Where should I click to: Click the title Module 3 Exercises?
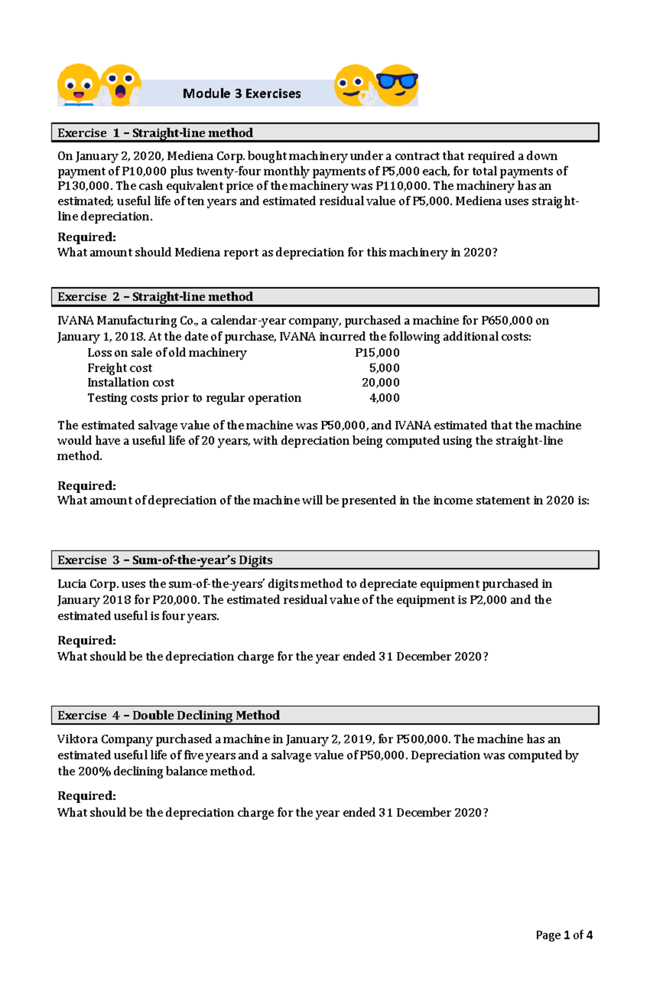tap(242, 94)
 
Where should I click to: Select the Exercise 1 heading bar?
tap(325, 133)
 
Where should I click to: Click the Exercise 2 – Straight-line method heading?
tap(155, 297)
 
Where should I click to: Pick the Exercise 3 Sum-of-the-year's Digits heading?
tap(165, 560)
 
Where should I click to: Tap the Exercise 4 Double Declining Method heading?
tap(169, 715)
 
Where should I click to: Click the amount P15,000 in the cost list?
tap(378, 353)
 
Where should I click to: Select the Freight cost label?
tap(120, 368)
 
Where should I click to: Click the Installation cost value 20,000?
tap(381, 383)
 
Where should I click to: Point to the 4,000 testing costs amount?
tap(385, 398)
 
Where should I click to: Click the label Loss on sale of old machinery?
tap(167, 353)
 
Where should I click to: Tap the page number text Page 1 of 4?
tap(564, 935)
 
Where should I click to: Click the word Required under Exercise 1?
tap(87, 237)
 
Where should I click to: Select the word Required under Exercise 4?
tap(87, 795)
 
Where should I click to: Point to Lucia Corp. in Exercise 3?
tap(88, 584)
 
